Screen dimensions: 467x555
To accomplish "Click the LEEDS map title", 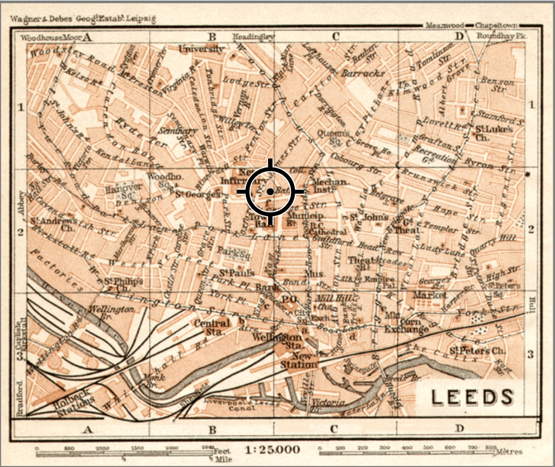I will click(472, 397).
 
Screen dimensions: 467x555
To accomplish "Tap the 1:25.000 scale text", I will click(273, 449).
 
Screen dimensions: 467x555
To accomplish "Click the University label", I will click(201, 49).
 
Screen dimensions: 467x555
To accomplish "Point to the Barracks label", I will click(363, 73).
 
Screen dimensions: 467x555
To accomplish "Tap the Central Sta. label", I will click(212, 327).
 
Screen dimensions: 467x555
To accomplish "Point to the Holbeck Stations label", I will click(75, 404).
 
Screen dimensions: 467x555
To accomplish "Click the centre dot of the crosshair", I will click(271, 191).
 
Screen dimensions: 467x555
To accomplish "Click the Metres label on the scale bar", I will click(509, 451).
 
